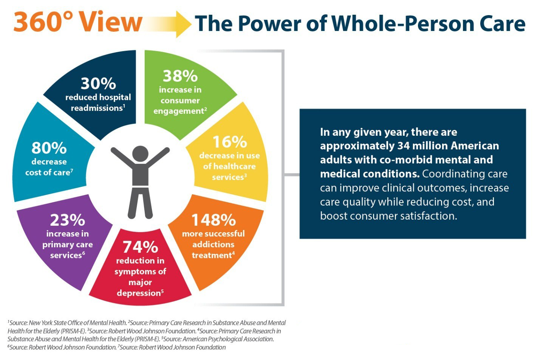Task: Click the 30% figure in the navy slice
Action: (x=98, y=84)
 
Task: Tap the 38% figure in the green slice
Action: (x=180, y=76)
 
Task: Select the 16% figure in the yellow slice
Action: (x=229, y=142)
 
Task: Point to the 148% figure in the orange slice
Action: (x=214, y=220)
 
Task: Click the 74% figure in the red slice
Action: (x=140, y=247)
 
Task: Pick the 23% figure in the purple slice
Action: (x=67, y=220)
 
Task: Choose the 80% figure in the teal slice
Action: (x=49, y=148)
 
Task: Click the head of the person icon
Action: (x=140, y=153)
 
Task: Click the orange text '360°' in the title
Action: (x=43, y=22)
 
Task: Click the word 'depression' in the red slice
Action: (x=139, y=293)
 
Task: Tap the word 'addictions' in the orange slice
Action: (x=213, y=244)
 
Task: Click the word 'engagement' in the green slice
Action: (x=178, y=111)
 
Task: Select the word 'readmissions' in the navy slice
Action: (x=97, y=108)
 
